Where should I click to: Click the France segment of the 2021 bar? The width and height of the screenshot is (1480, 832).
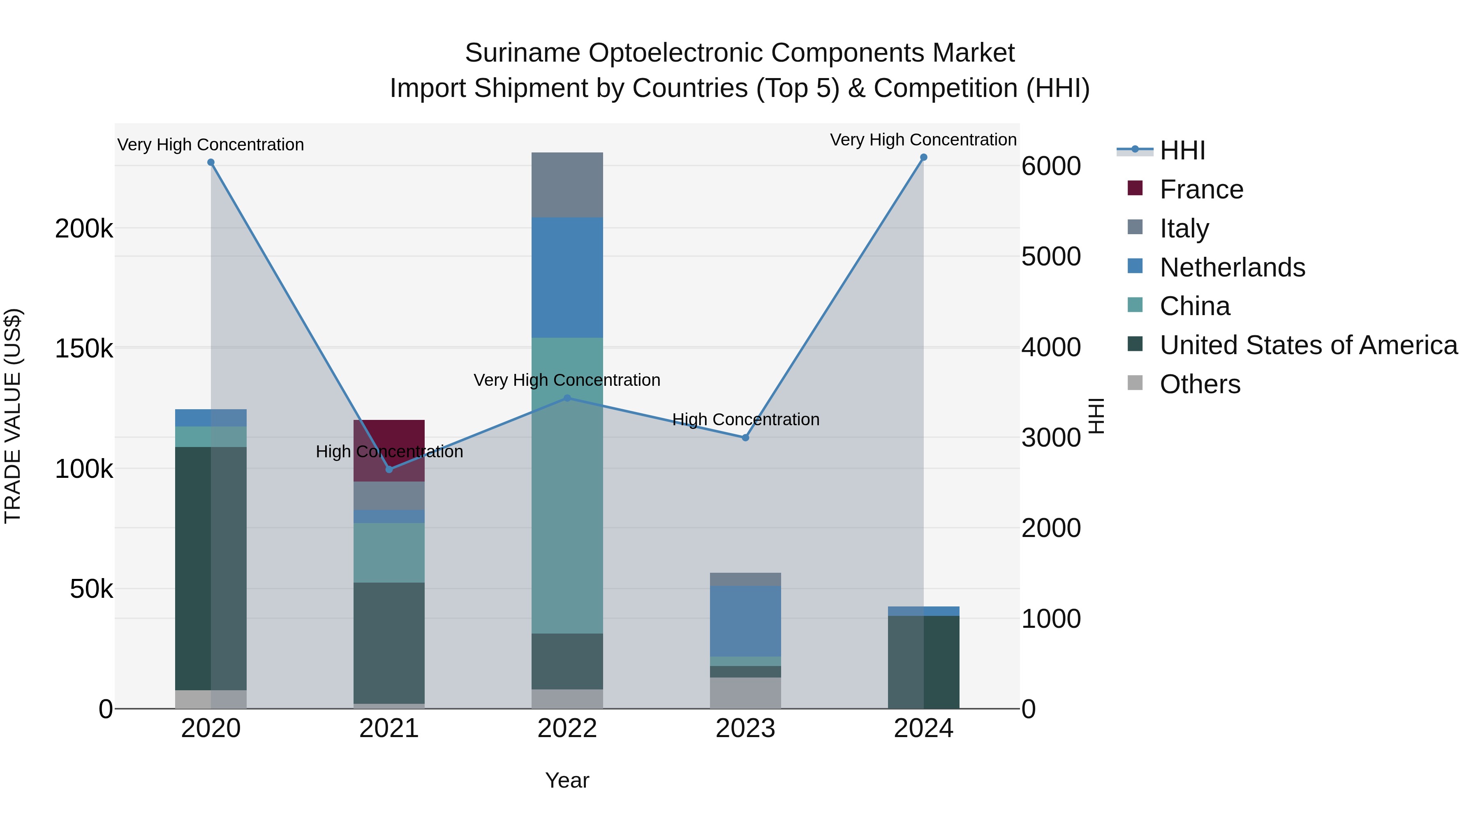389,442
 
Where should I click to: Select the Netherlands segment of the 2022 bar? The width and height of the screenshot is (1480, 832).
567,277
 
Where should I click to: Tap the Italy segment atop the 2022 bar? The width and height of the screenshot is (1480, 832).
567,185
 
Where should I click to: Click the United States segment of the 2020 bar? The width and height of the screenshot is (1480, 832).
211,569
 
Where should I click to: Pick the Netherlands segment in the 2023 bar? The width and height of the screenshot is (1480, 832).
745,621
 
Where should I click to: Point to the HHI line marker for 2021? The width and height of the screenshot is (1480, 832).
389,469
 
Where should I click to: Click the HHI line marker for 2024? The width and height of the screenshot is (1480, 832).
923,157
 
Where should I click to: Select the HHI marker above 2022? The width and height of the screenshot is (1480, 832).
567,398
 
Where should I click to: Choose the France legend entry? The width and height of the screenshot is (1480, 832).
1201,189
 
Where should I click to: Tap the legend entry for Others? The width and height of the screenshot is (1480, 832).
1200,384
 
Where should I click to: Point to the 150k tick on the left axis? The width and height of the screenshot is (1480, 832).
84,348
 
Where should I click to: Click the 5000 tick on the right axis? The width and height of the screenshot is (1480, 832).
1051,257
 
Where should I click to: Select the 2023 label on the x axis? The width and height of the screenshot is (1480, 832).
745,728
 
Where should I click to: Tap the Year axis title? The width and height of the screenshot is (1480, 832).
567,780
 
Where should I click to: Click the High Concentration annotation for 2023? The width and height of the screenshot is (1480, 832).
745,420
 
